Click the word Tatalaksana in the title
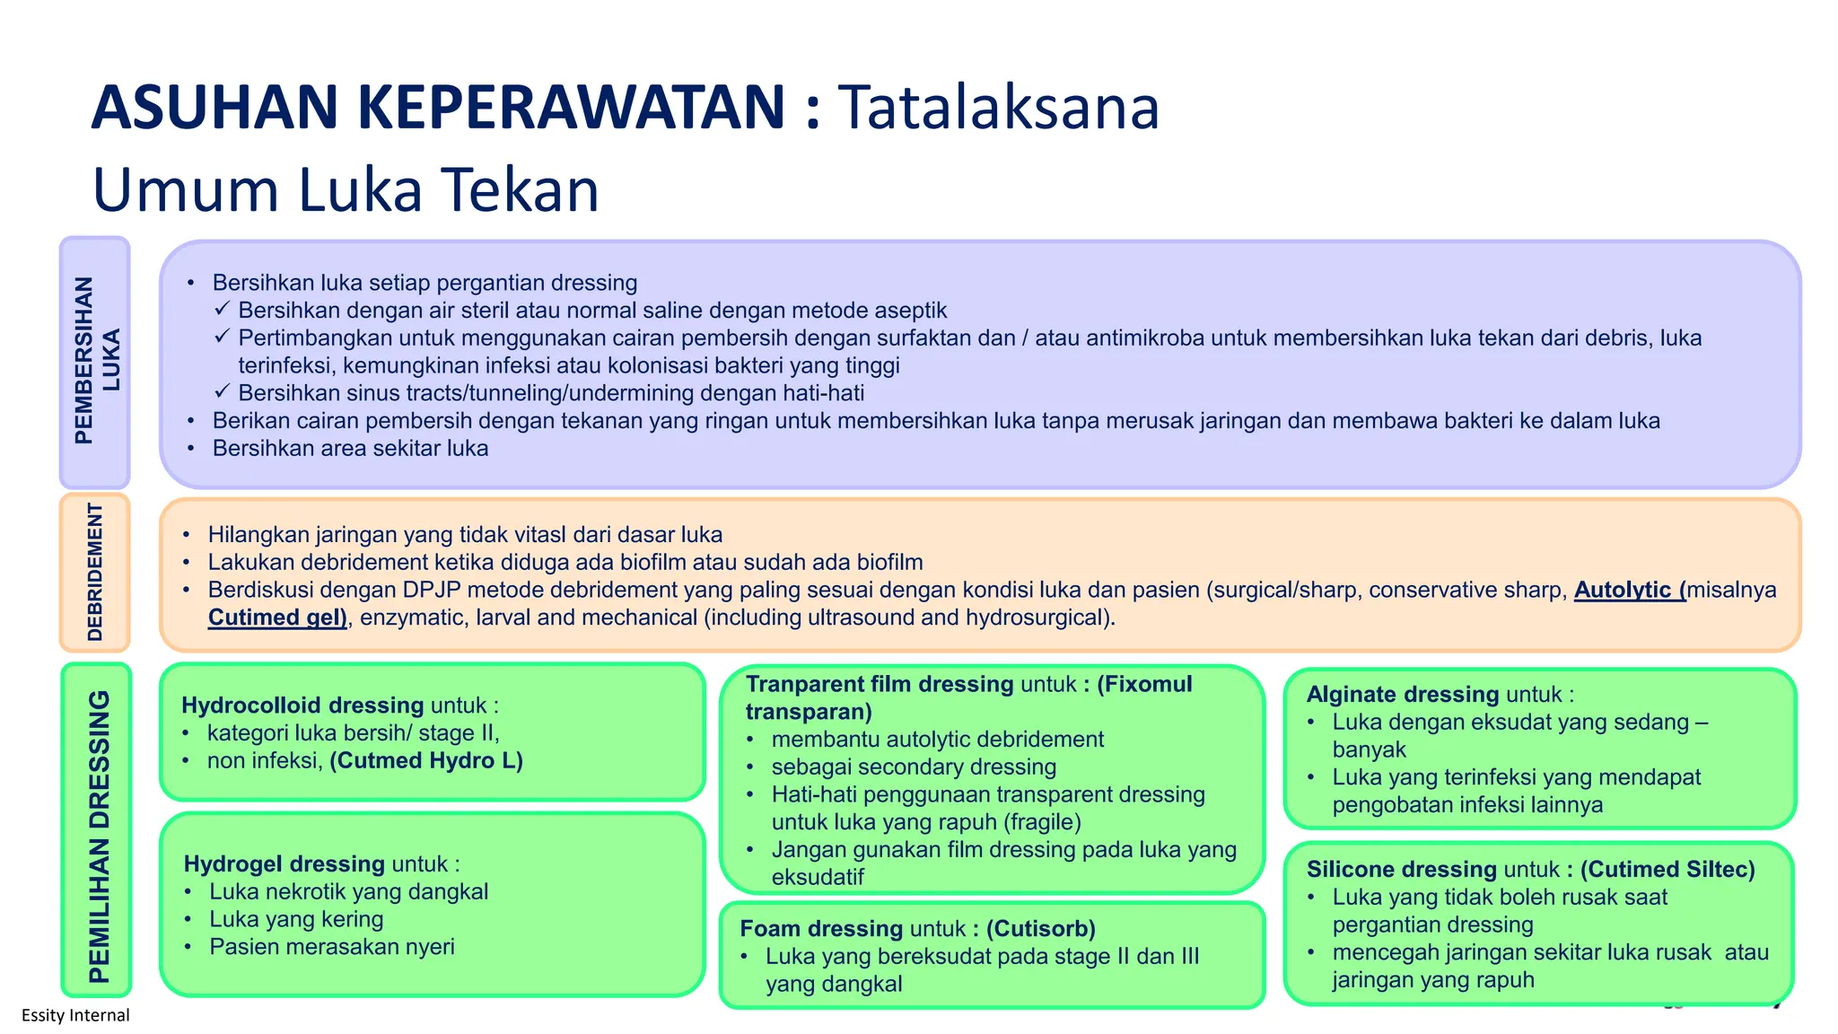coord(998,108)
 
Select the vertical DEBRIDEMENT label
coord(95,572)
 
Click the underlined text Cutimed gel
coord(277,618)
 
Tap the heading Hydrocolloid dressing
coord(302,705)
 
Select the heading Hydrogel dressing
coord(284,864)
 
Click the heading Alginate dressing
coord(1402,695)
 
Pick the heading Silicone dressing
coord(1401,870)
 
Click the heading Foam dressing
coord(821,929)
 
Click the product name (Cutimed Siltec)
coord(1667,870)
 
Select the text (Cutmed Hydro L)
coord(426,761)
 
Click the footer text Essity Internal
coord(75,1015)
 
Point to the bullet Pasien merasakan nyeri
coord(332,947)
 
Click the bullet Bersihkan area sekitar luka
coord(350,449)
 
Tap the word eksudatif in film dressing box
coord(817,877)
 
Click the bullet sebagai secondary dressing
coord(914,767)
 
